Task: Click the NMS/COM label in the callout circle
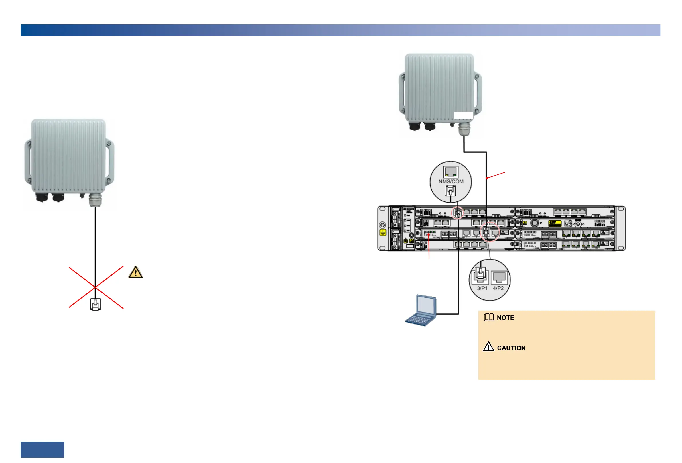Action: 451,181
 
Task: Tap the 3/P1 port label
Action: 482,288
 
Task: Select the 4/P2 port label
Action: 498,288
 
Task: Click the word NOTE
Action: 505,318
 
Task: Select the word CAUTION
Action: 511,348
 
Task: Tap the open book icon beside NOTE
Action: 489,317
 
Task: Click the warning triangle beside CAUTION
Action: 489,347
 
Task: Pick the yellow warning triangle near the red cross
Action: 136,272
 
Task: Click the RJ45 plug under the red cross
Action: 95,304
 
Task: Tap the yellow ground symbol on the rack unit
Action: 383,233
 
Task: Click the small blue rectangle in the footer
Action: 42,449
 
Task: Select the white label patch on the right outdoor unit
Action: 463,115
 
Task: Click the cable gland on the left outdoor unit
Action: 95,200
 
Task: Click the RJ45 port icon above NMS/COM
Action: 450,172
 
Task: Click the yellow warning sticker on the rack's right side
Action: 554,224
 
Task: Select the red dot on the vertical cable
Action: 487,178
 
